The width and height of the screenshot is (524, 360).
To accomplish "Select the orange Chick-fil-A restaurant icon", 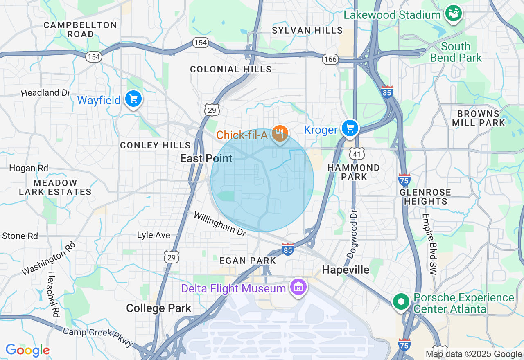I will click(280, 133).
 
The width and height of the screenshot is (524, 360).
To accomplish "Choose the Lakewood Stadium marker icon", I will click(453, 13).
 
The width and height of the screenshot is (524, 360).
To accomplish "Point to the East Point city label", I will click(206, 159).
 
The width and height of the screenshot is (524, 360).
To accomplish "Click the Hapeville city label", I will click(346, 270).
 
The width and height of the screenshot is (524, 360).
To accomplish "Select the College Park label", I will click(158, 308).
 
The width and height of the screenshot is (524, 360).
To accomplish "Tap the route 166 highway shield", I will click(330, 59).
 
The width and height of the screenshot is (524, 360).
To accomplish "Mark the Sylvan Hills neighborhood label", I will click(307, 30).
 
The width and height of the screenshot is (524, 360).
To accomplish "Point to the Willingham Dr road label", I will click(220, 224).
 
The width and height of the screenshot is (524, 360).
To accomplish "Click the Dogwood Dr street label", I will click(352, 234).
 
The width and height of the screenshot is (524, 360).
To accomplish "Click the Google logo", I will click(27, 351).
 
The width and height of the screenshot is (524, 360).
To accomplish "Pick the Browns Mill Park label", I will click(478, 118).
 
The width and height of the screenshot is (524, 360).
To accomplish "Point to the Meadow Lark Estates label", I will click(55, 187).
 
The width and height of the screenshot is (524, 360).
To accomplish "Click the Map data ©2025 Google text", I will click(474, 354).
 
